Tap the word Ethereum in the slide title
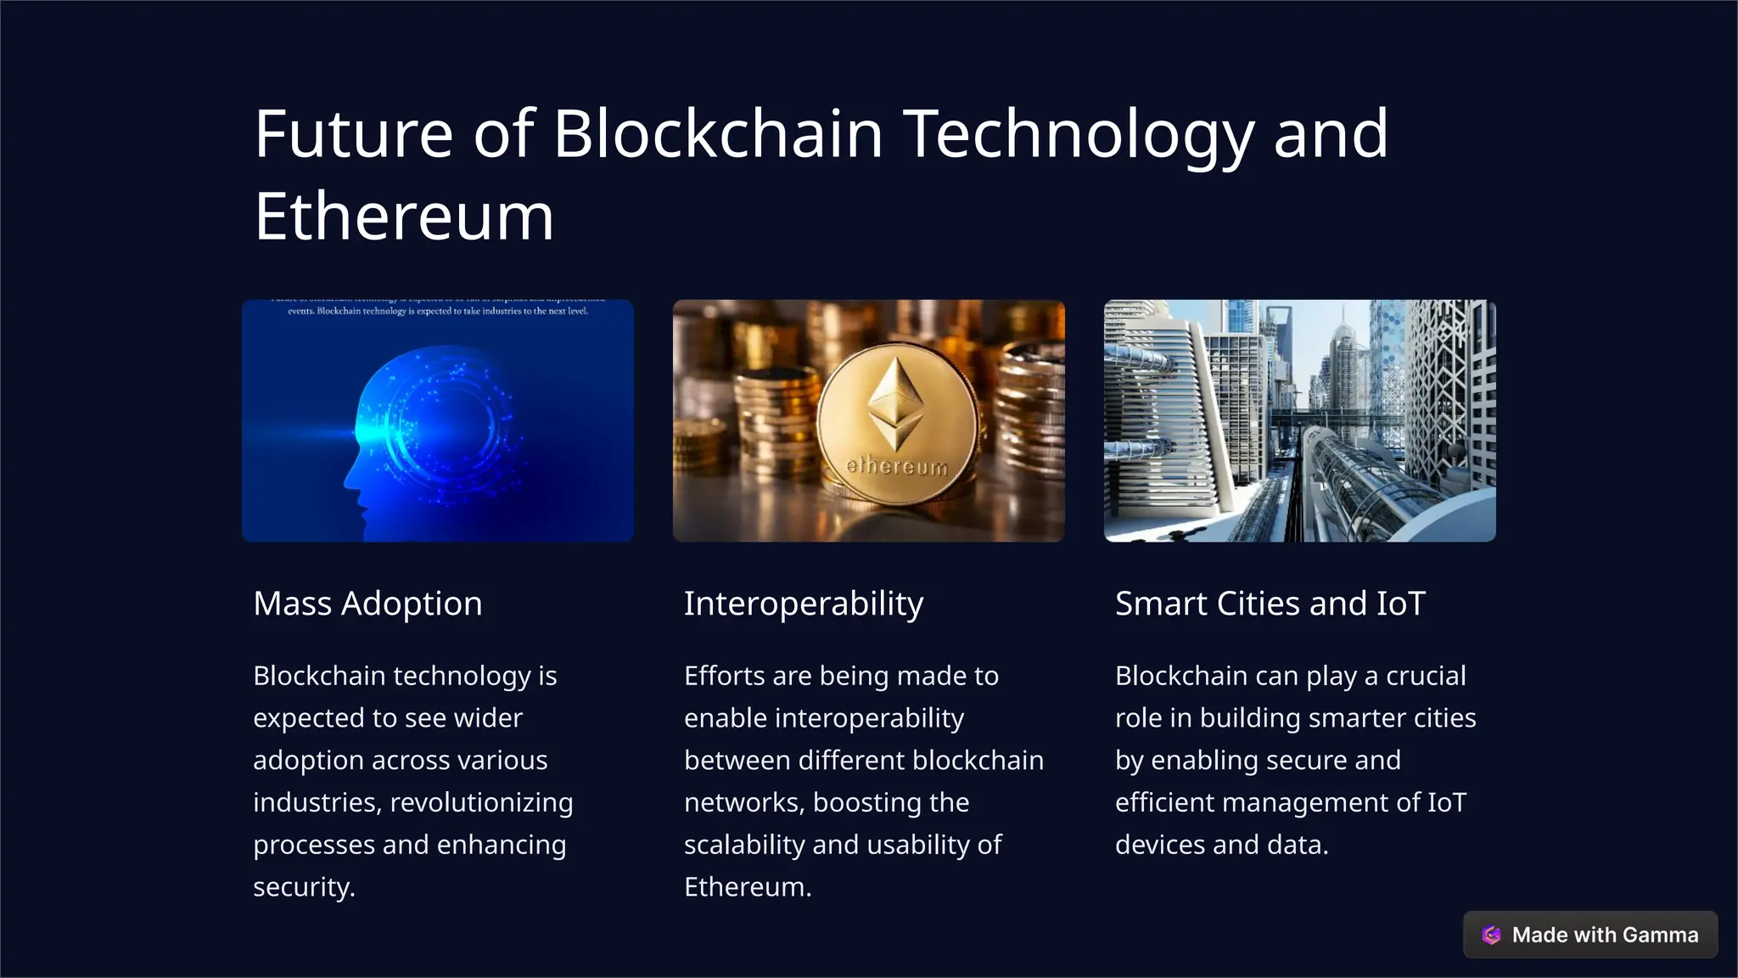click(x=404, y=217)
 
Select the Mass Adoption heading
click(x=367, y=604)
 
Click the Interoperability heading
click(x=803, y=604)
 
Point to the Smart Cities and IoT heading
click(x=1270, y=604)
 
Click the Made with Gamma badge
click(x=1589, y=935)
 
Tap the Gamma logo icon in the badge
click(x=1491, y=935)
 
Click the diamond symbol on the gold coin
click(x=896, y=403)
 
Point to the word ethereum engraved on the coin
click(x=897, y=466)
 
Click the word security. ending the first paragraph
click(x=304, y=887)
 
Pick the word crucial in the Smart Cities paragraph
click(x=1426, y=676)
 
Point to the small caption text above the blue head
click(x=437, y=311)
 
